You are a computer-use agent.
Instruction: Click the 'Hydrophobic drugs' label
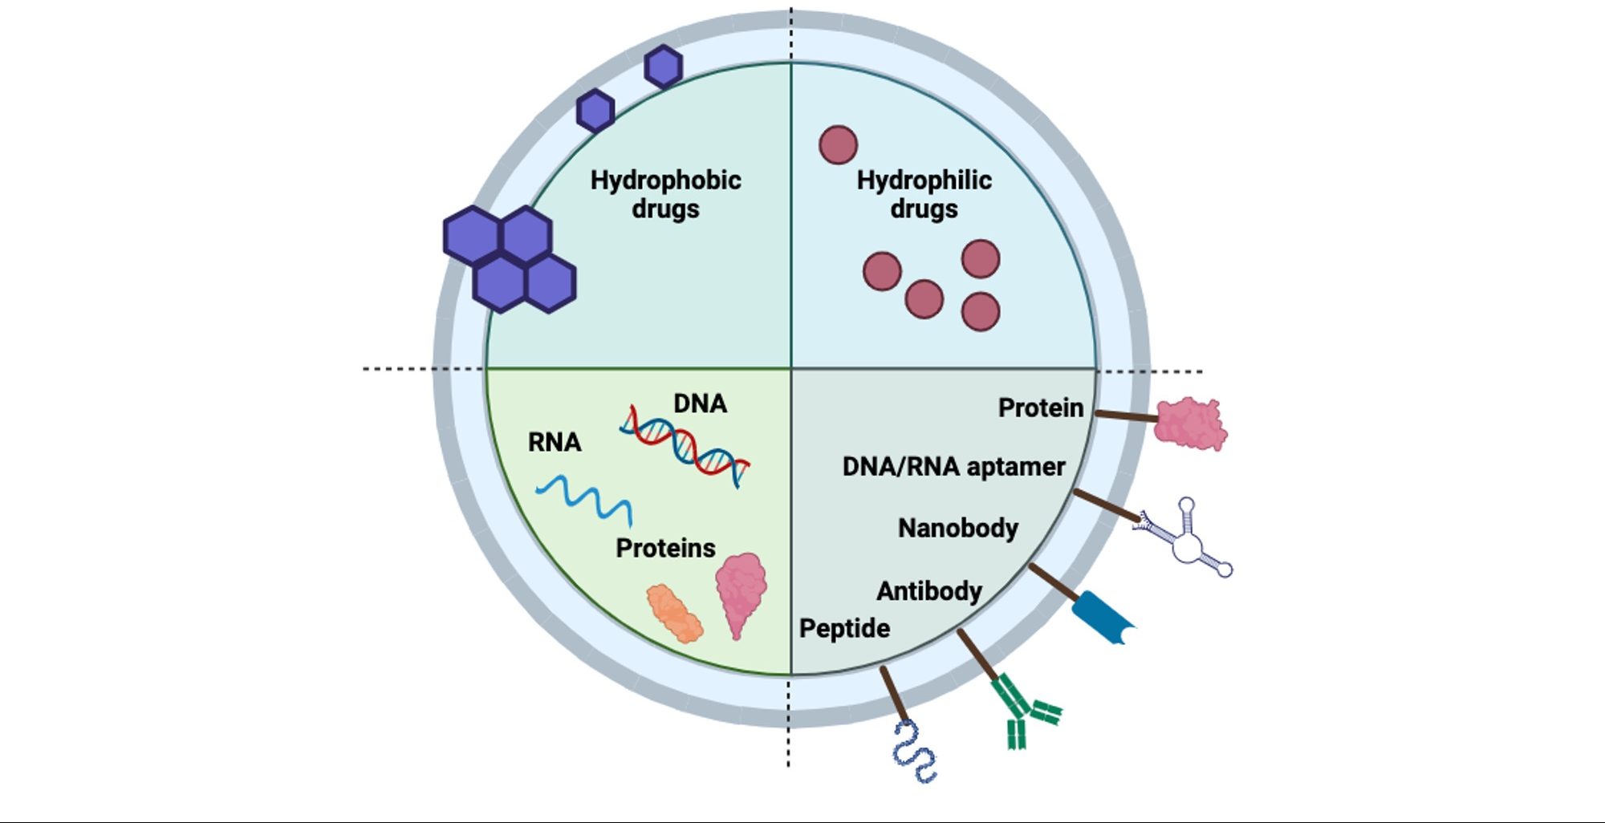tap(665, 194)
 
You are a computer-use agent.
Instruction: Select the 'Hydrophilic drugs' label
tap(924, 194)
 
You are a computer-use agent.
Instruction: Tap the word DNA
tap(700, 403)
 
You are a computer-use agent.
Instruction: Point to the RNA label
tap(555, 442)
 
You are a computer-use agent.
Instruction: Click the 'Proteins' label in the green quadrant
tap(665, 548)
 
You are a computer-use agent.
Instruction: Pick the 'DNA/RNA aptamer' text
tap(953, 466)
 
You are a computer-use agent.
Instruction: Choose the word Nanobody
tap(957, 528)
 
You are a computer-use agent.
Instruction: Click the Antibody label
tap(928, 591)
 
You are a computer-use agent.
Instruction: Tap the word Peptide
tap(844, 628)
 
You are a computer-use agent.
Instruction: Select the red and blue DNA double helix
tap(685, 446)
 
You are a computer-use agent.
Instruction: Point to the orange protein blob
tap(675, 614)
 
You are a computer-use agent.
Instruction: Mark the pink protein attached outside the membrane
tap(1190, 424)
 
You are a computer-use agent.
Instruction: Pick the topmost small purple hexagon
tap(664, 67)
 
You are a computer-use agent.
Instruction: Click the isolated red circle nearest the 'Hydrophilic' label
tap(838, 145)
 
